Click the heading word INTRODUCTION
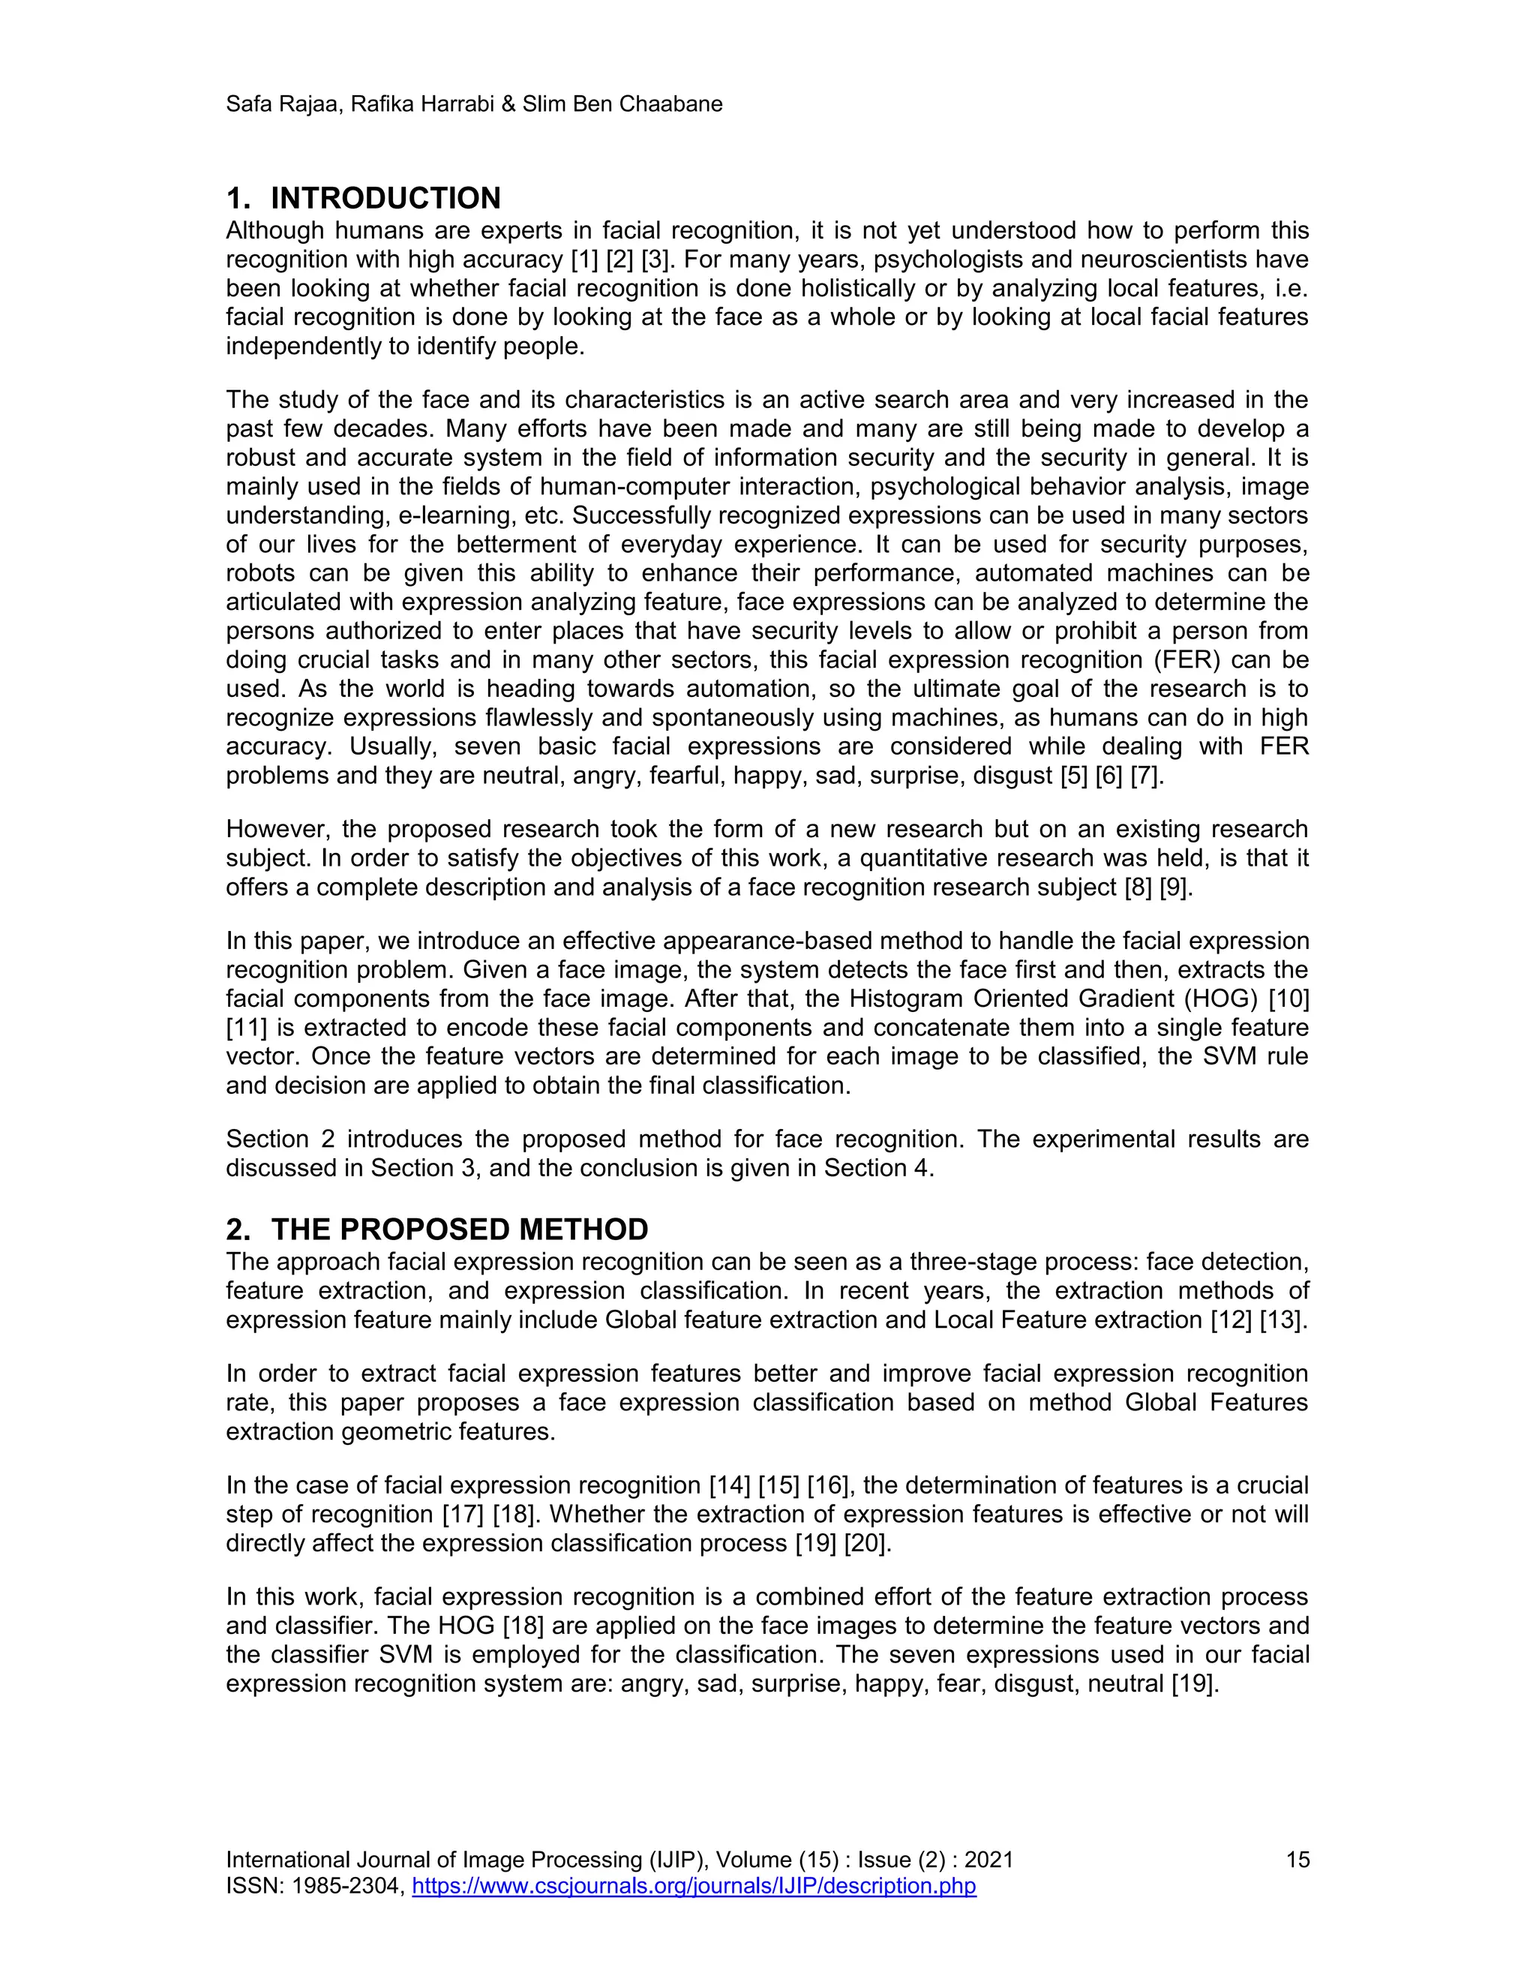coord(385,199)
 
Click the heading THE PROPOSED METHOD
coord(460,1230)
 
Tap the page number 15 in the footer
coord(1297,1860)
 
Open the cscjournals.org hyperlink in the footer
coord(694,1885)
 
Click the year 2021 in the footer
coord(988,1860)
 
